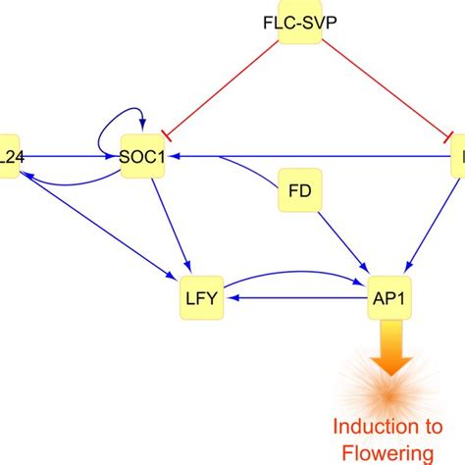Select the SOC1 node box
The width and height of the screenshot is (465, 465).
click(x=142, y=155)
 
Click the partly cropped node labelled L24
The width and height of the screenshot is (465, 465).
click(x=9, y=155)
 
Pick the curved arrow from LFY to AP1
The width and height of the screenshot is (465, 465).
click(x=294, y=273)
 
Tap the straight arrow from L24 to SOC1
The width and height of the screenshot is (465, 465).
click(x=69, y=155)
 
